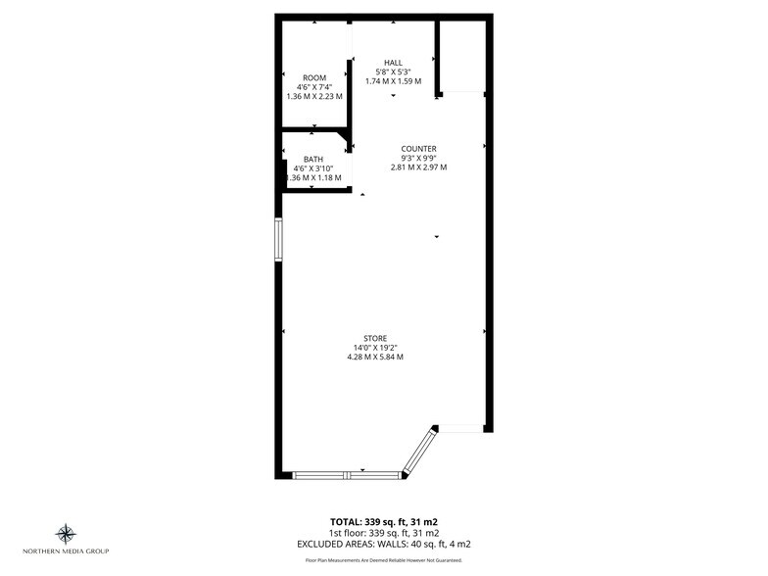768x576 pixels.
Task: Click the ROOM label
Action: tap(313, 77)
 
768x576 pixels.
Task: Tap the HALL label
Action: tap(393, 63)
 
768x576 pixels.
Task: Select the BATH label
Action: tap(313, 160)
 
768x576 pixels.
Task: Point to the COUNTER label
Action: tap(418, 149)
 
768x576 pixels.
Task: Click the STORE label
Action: tap(375, 338)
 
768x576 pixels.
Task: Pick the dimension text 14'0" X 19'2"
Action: tap(375, 348)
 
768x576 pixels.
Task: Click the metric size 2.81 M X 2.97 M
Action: tap(418, 168)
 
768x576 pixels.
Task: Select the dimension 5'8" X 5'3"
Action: tap(393, 72)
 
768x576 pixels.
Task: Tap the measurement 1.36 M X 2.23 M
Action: tap(313, 96)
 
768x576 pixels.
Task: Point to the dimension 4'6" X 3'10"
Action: tap(313, 168)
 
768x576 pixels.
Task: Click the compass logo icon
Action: tap(66, 534)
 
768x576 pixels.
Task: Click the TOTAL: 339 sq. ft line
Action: tap(383, 521)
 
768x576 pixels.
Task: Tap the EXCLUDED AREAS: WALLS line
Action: tap(383, 543)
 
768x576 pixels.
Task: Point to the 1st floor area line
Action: tap(383, 532)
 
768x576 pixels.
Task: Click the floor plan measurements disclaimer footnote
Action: tap(383, 560)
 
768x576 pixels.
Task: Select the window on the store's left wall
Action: tap(279, 240)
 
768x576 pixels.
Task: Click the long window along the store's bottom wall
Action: tap(348, 475)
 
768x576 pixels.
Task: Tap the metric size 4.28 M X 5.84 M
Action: tap(375, 358)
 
